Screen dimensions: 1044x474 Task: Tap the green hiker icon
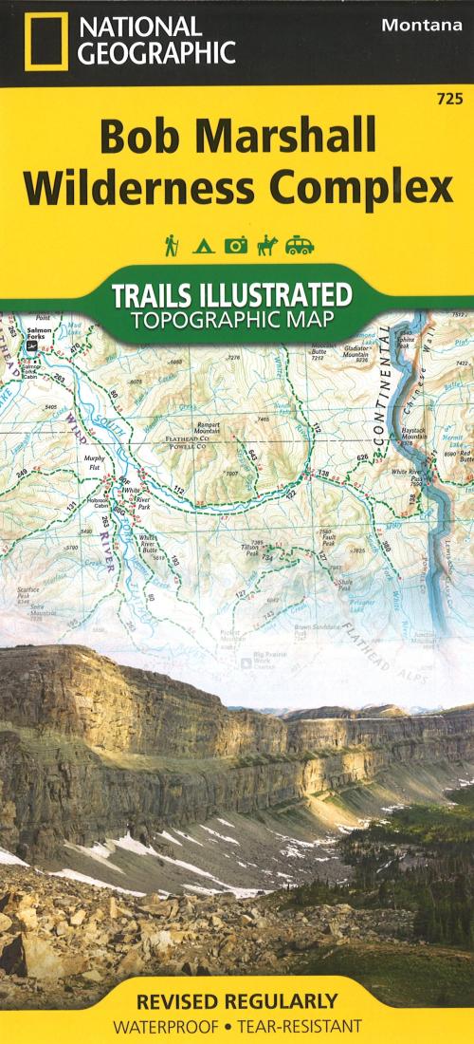(172, 245)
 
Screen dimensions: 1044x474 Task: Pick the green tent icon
(202, 247)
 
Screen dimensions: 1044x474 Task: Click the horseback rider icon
(265, 245)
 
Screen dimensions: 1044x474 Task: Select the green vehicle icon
(300, 246)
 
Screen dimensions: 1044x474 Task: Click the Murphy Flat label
(93, 463)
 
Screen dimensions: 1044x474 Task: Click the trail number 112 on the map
(176, 491)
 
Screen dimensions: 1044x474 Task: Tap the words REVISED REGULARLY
(236, 1000)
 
